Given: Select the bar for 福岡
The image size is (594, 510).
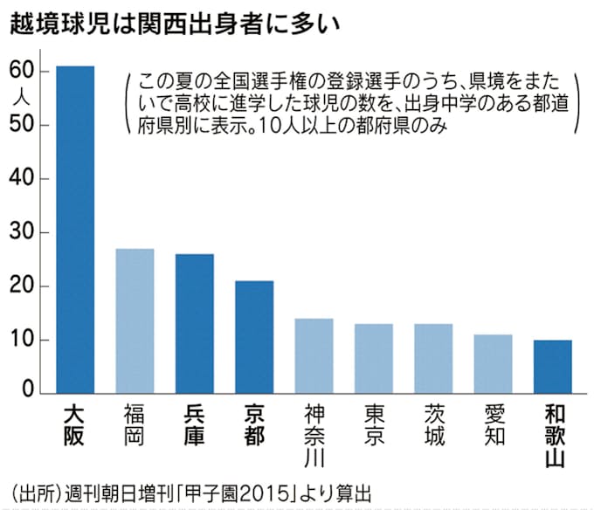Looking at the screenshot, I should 135,320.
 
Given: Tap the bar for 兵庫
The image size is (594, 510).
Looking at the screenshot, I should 195,323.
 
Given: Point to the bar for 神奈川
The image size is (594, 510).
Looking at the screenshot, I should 314,355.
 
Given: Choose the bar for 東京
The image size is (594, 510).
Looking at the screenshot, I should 373,358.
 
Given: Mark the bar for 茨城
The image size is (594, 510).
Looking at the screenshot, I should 432,358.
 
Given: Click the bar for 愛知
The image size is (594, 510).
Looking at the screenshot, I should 493,363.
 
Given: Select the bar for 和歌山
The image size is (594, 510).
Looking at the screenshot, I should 552,366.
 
